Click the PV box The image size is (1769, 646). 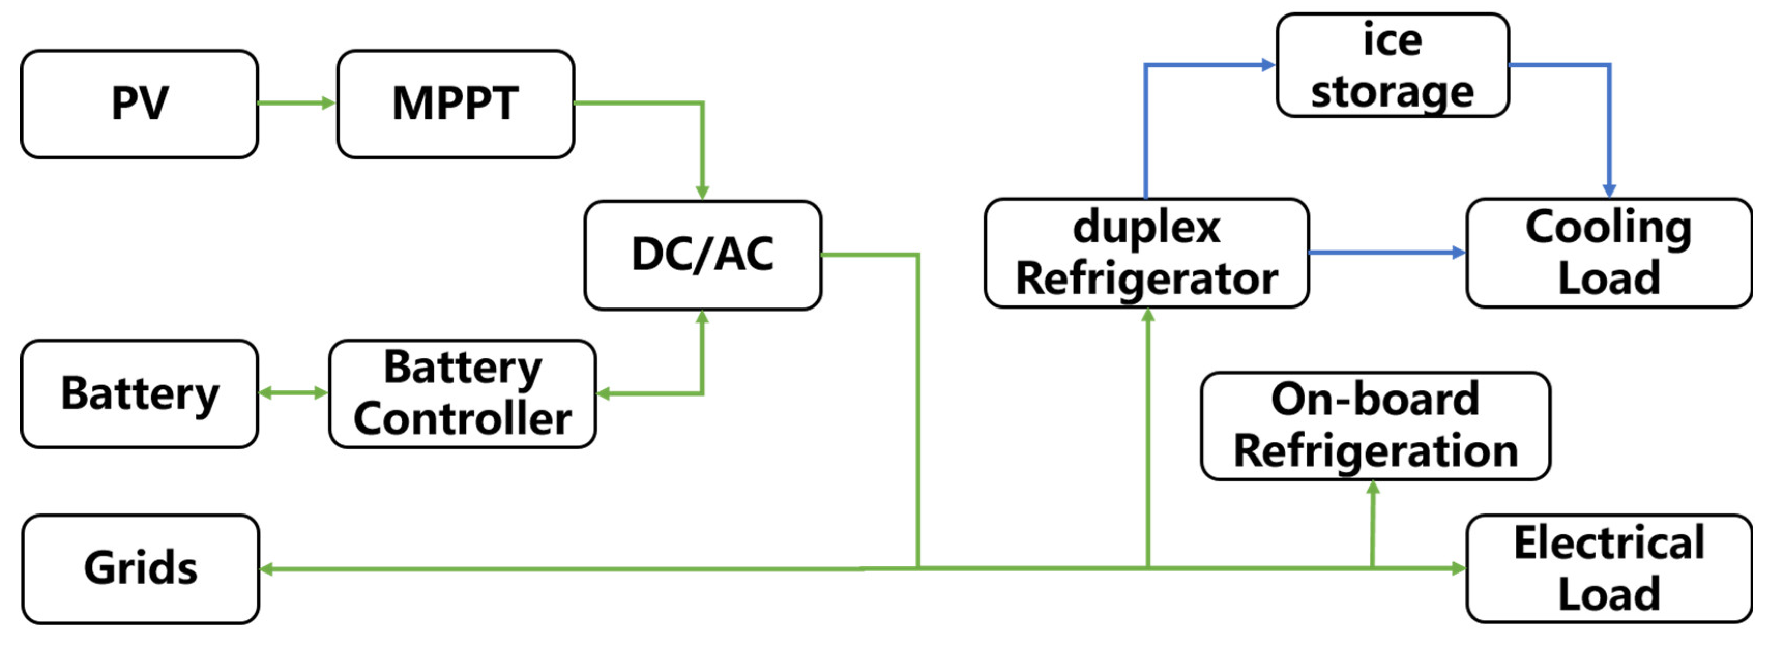tap(139, 104)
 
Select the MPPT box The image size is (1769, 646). tap(455, 104)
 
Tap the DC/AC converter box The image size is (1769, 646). tap(703, 255)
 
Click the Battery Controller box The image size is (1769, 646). tap(463, 393)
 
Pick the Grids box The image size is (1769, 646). tap(141, 568)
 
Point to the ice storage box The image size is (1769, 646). tap(1393, 65)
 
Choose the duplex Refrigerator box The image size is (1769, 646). tap(1147, 253)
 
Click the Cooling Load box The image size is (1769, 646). tap(1609, 253)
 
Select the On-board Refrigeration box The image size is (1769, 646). tap(1376, 425)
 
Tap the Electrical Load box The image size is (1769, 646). tap(1609, 568)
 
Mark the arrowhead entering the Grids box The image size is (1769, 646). tap(267, 569)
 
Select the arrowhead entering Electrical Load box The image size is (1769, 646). tap(1458, 568)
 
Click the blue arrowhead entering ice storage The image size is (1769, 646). tap(1268, 65)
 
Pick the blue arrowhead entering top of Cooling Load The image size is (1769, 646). tap(1609, 190)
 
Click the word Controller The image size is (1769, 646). tap(463, 419)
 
